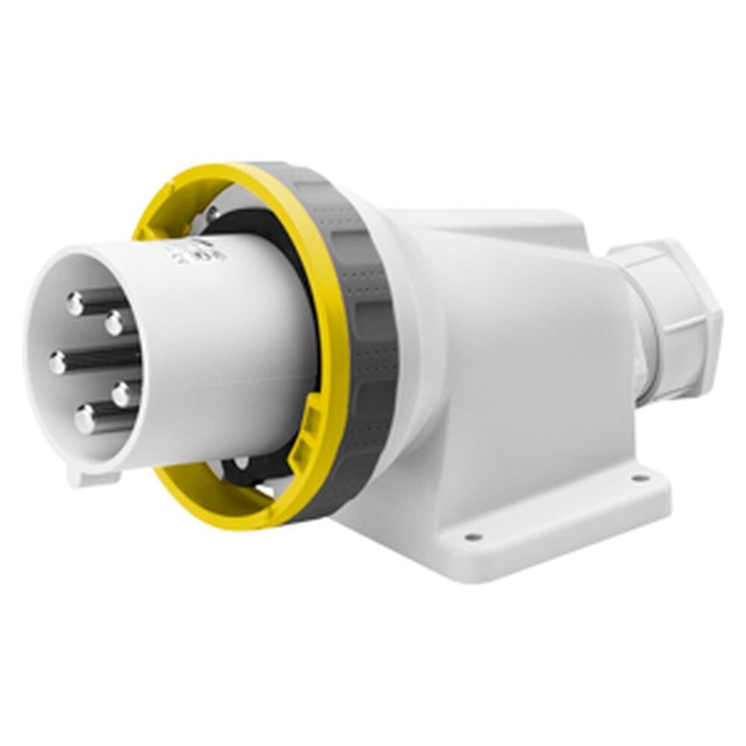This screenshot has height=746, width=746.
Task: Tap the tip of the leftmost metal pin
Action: pos(58,363)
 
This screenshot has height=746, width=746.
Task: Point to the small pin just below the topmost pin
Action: pos(114,324)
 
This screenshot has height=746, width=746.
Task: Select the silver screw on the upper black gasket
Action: pos(213,213)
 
